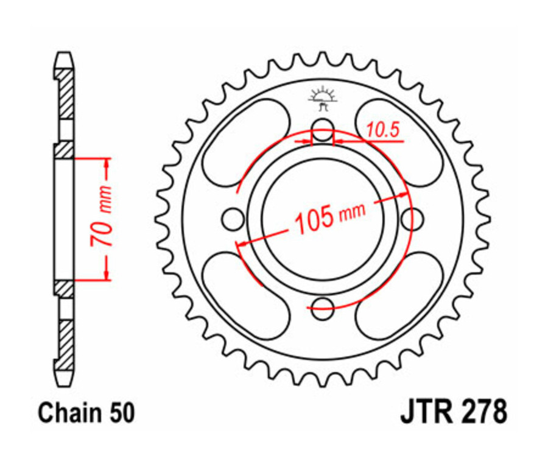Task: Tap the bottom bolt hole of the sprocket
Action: pos(323,306)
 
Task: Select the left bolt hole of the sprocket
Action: pos(234,217)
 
